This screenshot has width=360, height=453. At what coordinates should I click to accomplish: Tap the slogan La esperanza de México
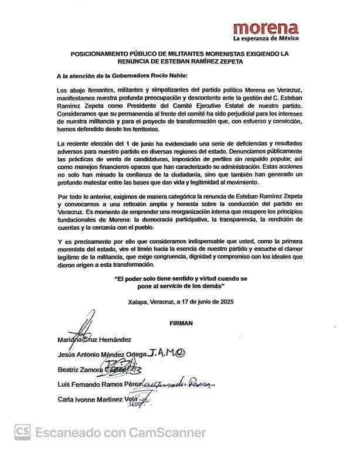click(x=266, y=39)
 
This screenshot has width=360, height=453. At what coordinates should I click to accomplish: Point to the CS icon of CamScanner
click(x=23, y=432)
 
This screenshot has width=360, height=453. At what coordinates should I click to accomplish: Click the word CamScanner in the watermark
click(x=168, y=433)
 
